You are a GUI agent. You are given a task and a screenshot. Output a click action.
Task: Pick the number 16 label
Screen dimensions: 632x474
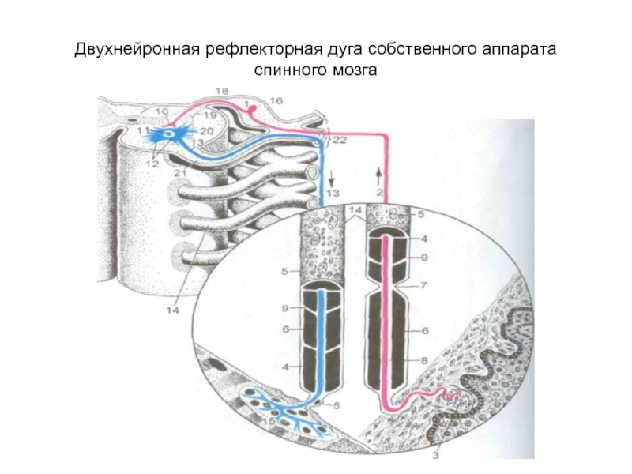[x=276, y=101]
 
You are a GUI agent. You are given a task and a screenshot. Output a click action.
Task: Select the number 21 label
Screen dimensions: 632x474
[x=179, y=173]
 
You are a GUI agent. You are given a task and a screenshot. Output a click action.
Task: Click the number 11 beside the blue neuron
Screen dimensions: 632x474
[x=142, y=129]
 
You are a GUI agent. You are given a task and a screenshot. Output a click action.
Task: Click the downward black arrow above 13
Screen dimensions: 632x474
[x=333, y=175]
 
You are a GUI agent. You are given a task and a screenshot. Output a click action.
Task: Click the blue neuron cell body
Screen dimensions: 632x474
[x=167, y=132]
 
